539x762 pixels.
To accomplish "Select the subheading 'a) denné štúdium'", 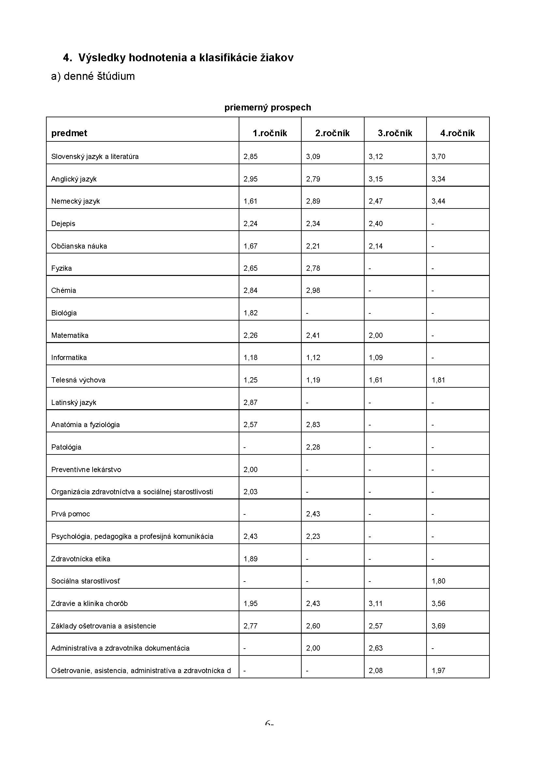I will pyautogui.click(x=93, y=76).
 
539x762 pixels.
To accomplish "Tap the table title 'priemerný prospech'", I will pyautogui.click(x=267, y=108).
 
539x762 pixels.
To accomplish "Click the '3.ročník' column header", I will pyautogui.click(x=395, y=133).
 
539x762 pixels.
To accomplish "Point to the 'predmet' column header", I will pyautogui.click(x=69, y=133).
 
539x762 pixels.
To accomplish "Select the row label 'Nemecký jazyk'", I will pyautogui.click(x=75, y=201).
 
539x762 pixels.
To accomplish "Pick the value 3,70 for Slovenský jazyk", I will pyautogui.click(x=438, y=157).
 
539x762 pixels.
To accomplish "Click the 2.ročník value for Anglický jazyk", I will pyautogui.click(x=313, y=179).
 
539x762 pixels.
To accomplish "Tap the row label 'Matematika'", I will pyautogui.click(x=70, y=335).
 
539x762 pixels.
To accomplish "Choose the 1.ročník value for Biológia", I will pyautogui.click(x=250, y=313).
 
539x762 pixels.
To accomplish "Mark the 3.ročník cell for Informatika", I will pyautogui.click(x=376, y=357).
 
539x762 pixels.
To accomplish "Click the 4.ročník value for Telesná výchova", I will pyautogui.click(x=438, y=380).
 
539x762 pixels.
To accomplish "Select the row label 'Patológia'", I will pyautogui.click(x=66, y=447).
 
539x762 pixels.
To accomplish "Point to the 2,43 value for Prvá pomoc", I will pyautogui.click(x=313, y=514).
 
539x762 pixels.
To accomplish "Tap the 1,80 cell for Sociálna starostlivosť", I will pyautogui.click(x=438, y=581).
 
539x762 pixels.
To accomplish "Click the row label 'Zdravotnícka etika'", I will pyautogui.click(x=81, y=559).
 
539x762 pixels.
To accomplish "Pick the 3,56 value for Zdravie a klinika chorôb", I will pyautogui.click(x=438, y=603).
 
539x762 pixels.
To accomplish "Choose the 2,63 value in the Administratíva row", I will pyautogui.click(x=376, y=648).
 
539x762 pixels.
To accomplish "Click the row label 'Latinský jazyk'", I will pyautogui.click(x=74, y=402).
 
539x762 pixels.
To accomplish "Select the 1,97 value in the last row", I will pyautogui.click(x=438, y=670).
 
